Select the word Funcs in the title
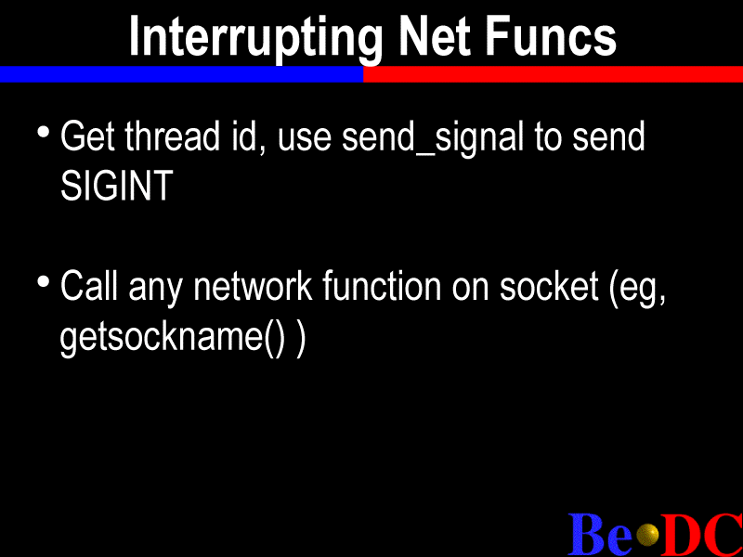[551, 36]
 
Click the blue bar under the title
[181, 74]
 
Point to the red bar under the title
[553, 74]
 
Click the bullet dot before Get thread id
[44, 131]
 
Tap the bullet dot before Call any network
[44, 282]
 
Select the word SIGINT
[117, 185]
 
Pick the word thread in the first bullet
[173, 136]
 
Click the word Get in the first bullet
[87, 136]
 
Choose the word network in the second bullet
[253, 286]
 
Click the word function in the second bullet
[382, 286]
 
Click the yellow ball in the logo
[647, 536]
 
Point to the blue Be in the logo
[600, 535]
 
